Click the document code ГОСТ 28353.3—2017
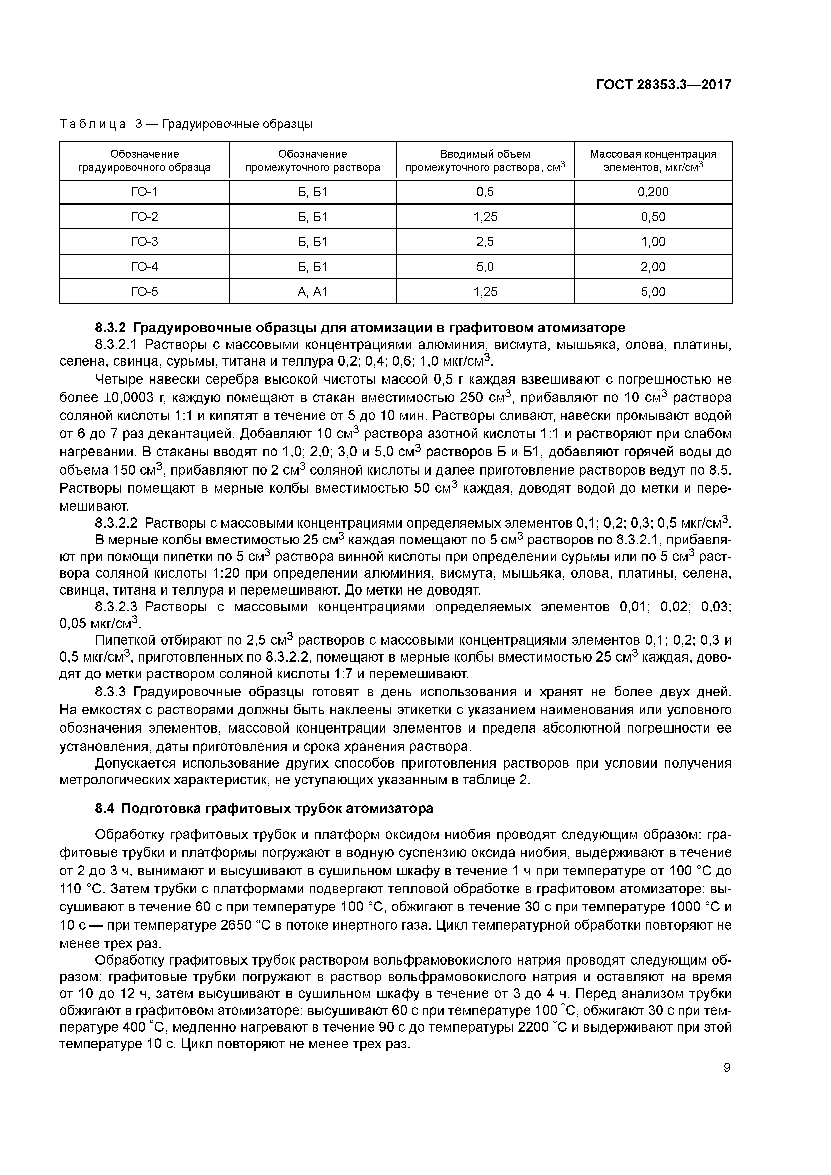coord(663,85)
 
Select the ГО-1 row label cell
coord(144,192)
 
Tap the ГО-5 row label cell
coord(144,292)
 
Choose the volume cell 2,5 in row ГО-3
coord(485,241)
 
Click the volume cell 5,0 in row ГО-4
coord(485,267)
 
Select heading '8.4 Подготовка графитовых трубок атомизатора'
coord(264,808)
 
